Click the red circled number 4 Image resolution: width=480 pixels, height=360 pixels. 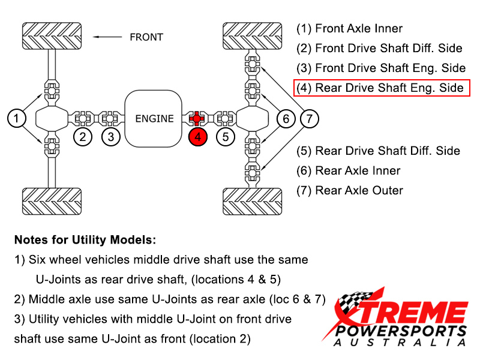pos(197,137)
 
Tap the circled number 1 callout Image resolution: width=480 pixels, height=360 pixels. pos(17,118)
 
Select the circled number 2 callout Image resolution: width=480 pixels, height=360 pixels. pos(83,137)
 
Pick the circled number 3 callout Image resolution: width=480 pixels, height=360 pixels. pos(110,137)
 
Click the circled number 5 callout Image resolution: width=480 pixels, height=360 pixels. pos(225,137)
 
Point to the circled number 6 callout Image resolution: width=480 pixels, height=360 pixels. pos(286,118)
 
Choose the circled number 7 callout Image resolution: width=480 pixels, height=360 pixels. pos(309,118)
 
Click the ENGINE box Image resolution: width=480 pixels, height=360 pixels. pos(154,118)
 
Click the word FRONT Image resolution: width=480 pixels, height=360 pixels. pos(146,37)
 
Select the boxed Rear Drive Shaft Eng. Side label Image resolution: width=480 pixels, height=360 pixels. pos(382,88)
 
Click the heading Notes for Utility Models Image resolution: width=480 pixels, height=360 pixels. pos(85,240)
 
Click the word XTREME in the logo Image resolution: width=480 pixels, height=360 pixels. pos(402,313)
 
